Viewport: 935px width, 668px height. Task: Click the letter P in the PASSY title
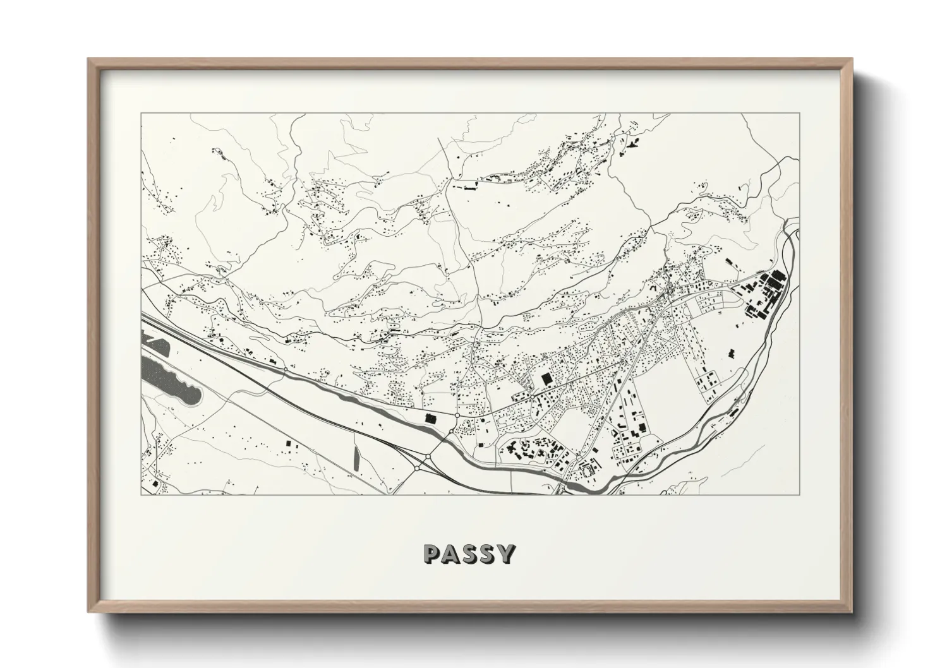[x=433, y=553]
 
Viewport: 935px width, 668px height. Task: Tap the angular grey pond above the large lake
[x=155, y=347]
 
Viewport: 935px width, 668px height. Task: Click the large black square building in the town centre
[x=546, y=379]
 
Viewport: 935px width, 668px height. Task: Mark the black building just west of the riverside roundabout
[x=430, y=417]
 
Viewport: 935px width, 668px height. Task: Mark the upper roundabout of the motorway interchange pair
[x=428, y=456]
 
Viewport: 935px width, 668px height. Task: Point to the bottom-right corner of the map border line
[x=799, y=494]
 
